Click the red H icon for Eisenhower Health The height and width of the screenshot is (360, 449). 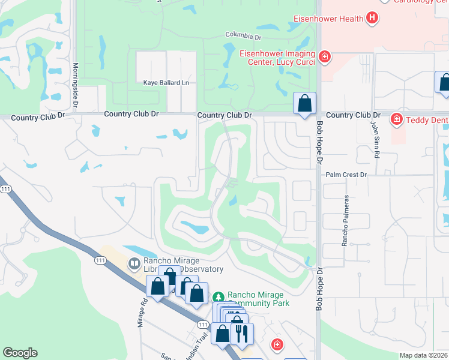click(372, 18)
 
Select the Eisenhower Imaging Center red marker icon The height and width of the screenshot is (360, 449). click(325, 57)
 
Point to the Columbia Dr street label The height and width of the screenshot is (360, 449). click(244, 35)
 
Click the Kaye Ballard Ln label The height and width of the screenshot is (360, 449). click(166, 82)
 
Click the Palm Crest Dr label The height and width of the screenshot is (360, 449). click(346, 175)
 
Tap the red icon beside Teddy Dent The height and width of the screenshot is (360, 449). click(396, 119)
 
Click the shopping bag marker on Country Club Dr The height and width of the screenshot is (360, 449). click(305, 103)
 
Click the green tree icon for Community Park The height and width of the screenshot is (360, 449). click(219, 297)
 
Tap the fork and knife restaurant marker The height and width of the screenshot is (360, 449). click(242, 334)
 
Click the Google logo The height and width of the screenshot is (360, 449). click(20, 353)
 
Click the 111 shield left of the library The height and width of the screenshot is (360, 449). click(100, 260)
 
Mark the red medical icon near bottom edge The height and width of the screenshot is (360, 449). click(277, 345)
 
